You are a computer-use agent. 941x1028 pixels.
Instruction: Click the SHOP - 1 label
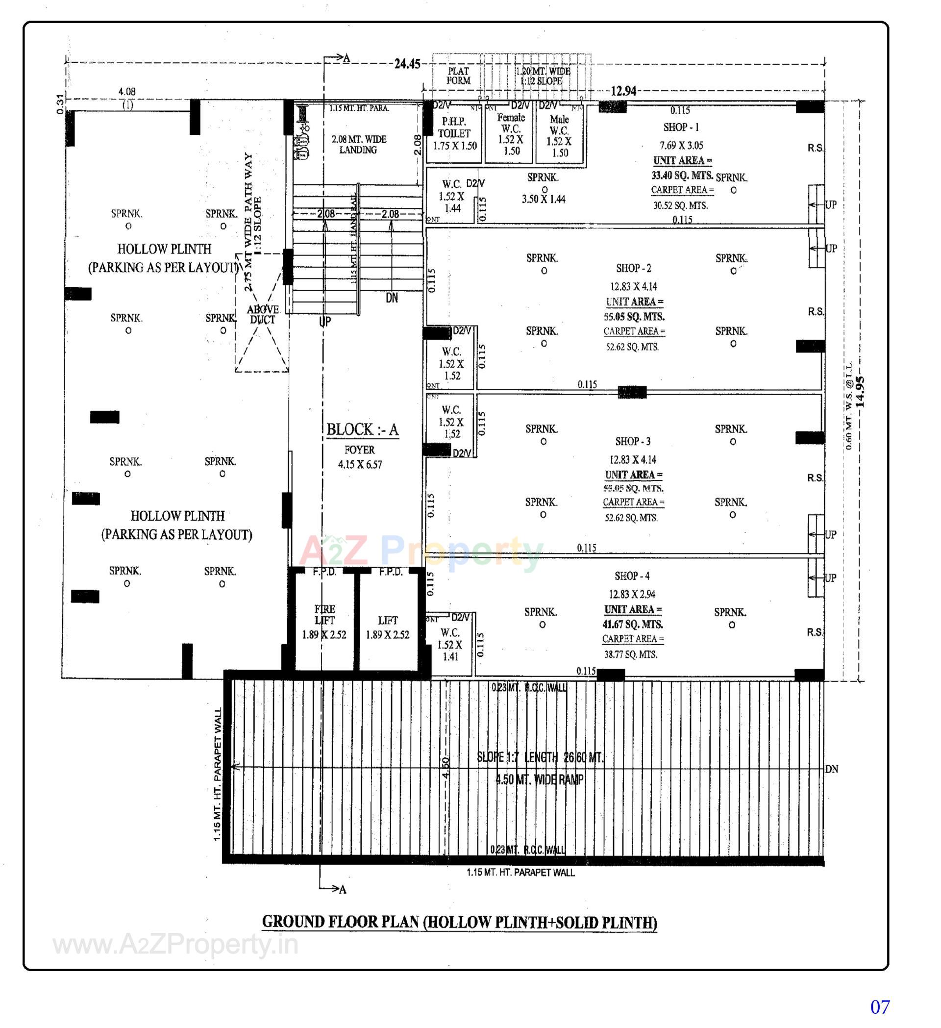coord(681,127)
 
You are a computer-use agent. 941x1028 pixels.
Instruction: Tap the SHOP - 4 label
coord(632,576)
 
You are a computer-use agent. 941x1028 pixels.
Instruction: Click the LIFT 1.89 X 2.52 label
coord(387,627)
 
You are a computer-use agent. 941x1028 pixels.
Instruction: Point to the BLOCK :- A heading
coord(363,430)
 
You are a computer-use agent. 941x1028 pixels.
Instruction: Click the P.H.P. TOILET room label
coord(454,127)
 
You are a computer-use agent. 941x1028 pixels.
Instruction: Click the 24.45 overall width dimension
coord(407,64)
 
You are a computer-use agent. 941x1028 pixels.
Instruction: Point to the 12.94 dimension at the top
coord(623,91)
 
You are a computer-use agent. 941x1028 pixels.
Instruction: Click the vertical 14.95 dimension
coord(860,392)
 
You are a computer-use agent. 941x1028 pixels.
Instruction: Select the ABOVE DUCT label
coord(263,315)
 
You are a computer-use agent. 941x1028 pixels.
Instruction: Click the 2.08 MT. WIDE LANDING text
coord(358,145)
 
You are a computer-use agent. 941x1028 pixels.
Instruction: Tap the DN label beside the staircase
coord(392,298)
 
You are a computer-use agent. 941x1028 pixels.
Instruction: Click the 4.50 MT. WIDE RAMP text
coord(539,779)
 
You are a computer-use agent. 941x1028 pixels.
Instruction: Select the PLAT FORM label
coord(458,76)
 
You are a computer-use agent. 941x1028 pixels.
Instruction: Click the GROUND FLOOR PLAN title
coord(459,923)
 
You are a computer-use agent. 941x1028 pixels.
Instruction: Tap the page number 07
coord(880,1006)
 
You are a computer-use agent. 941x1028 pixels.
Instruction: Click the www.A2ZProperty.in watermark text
coord(175,945)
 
